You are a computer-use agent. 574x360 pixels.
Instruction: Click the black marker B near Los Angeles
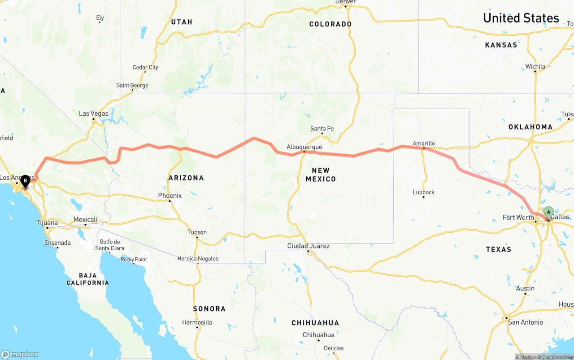tap(25, 181)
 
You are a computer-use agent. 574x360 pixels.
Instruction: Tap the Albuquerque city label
tap(304, 147)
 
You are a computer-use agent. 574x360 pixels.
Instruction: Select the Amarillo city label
tap(424, 143)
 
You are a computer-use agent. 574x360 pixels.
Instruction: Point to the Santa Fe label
tap(322, 129)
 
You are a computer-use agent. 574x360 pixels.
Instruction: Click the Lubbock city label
tap(424, 192)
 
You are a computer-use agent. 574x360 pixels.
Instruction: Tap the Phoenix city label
tap(170, 195)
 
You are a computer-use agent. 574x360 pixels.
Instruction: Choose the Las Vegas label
tap(94, 113)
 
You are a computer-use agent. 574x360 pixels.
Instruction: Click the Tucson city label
tap(197, 232)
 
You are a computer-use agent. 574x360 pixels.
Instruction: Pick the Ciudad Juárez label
tap(309, 246)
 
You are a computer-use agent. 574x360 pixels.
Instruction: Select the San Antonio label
tap(525, 322)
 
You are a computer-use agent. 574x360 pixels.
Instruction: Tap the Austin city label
tap(525, 288)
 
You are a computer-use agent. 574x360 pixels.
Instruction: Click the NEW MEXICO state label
tap(321, 174)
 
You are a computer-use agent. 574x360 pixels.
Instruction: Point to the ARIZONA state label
tap(186, 178)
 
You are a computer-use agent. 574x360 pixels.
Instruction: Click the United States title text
tap(521, 18)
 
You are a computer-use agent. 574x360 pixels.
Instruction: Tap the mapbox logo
tap(20, 354)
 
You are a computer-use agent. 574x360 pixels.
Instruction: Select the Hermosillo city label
tap(197, 322)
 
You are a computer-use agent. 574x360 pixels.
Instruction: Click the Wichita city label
tap(535, 66)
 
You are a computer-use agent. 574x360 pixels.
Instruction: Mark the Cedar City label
tap(145, 68)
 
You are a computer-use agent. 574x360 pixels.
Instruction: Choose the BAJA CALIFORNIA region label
tap(87, 279)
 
